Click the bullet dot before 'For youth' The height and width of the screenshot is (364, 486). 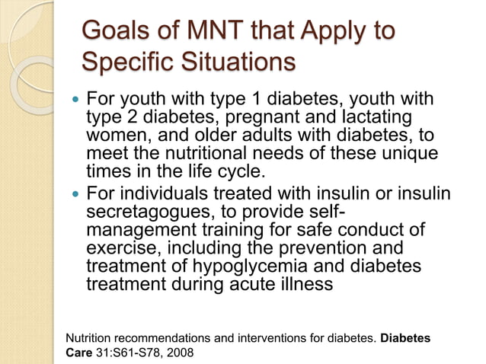pyautogui.click(x=74, y=100)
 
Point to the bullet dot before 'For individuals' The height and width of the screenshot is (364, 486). pyautogui.click(x=74, y=194)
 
